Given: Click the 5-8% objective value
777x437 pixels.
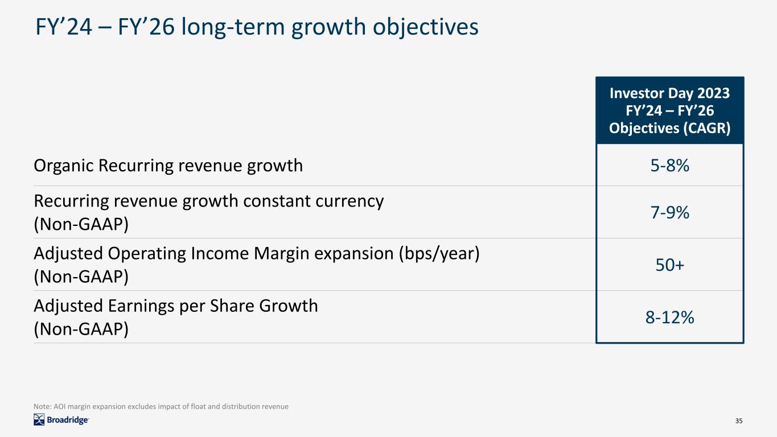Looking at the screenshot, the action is (x=669, y=166).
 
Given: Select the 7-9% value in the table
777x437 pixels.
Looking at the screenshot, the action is (x=669, y=212).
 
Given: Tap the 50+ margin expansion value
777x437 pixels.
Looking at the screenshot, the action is (x=669, y=265).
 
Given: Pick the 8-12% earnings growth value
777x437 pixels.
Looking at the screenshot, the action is (x=669, y=318).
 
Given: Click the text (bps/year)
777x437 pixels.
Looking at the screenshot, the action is (x=439, y=254).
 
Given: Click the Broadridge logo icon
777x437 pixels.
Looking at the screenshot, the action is (x=39, y=419).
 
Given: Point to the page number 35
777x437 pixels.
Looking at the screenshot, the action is (x=739, y=420).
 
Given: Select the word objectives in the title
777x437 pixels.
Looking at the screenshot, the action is (x=425, y=27).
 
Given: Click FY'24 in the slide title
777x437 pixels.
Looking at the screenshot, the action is (x=64, y=27).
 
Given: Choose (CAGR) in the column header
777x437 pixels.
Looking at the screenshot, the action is (x=707, y=129).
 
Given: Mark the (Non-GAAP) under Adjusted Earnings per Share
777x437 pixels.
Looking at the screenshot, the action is (x=81, y=329).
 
